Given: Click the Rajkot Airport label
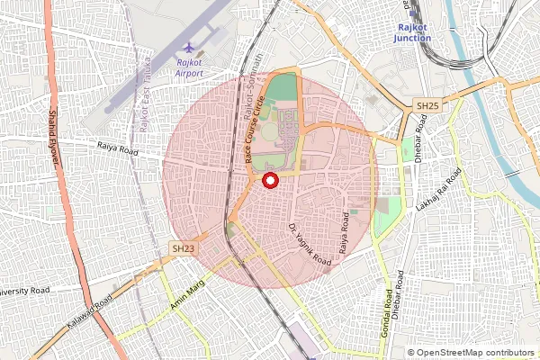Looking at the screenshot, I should pyautogui.click(x=188, y=68).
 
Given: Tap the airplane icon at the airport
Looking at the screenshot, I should pyautogui.click(x=188, y=47).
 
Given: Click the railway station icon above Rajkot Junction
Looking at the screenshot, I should pyautogui.click(x=414, y=12).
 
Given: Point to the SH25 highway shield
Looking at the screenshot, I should pyautogui.click(x=427, y=105).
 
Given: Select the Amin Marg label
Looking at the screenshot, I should pyautogui.click(x=188, y=296).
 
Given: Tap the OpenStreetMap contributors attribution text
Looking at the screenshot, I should pyautogui.click(x=472, y=353).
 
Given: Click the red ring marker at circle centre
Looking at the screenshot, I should pyautogui.click(x=269, y=180).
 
